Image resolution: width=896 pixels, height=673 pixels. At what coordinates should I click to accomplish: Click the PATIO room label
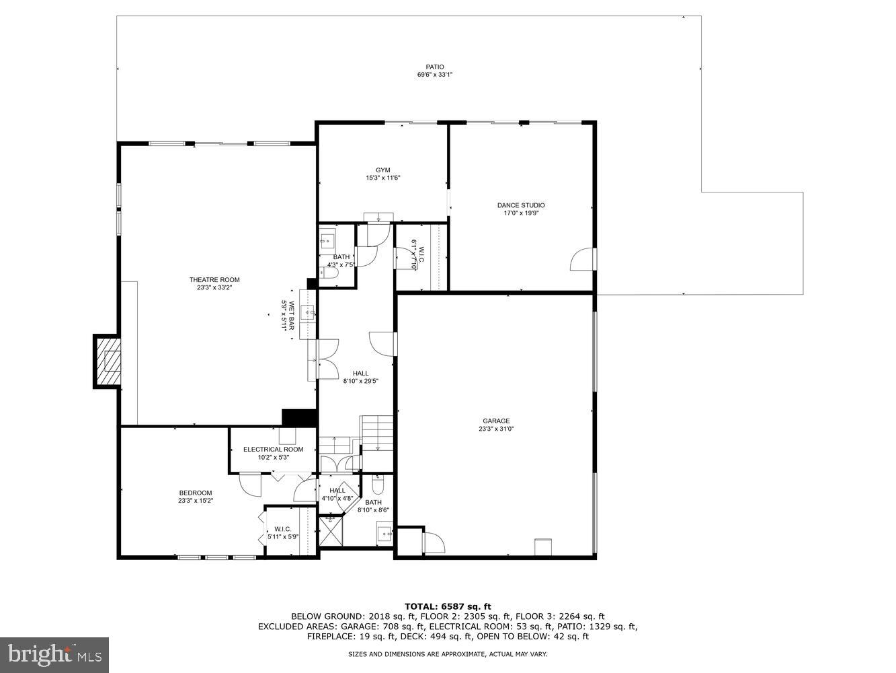434,67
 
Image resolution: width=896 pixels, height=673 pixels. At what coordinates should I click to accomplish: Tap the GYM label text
382,170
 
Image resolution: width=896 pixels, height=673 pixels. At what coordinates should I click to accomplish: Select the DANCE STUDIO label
521,205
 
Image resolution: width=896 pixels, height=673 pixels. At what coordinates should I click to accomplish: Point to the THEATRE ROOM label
214,280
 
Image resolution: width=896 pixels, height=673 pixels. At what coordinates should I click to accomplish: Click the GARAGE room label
496,421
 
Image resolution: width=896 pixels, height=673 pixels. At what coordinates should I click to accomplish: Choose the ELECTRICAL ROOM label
273,450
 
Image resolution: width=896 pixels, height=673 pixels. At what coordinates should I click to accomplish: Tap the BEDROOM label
196,493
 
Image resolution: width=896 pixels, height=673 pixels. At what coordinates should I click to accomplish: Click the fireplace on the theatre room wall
108,361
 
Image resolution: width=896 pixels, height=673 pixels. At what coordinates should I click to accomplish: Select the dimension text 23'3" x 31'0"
496,429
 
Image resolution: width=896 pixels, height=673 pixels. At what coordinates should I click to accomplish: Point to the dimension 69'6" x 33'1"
434,75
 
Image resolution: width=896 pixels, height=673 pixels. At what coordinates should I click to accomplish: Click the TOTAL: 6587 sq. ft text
448,606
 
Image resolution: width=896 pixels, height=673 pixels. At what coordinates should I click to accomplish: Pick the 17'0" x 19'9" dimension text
521,213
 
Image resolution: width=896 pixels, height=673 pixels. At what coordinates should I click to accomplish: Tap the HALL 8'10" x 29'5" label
360,377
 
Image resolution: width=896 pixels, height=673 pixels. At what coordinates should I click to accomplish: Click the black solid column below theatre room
299,417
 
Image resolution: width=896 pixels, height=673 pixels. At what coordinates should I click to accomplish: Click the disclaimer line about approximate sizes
448,654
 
